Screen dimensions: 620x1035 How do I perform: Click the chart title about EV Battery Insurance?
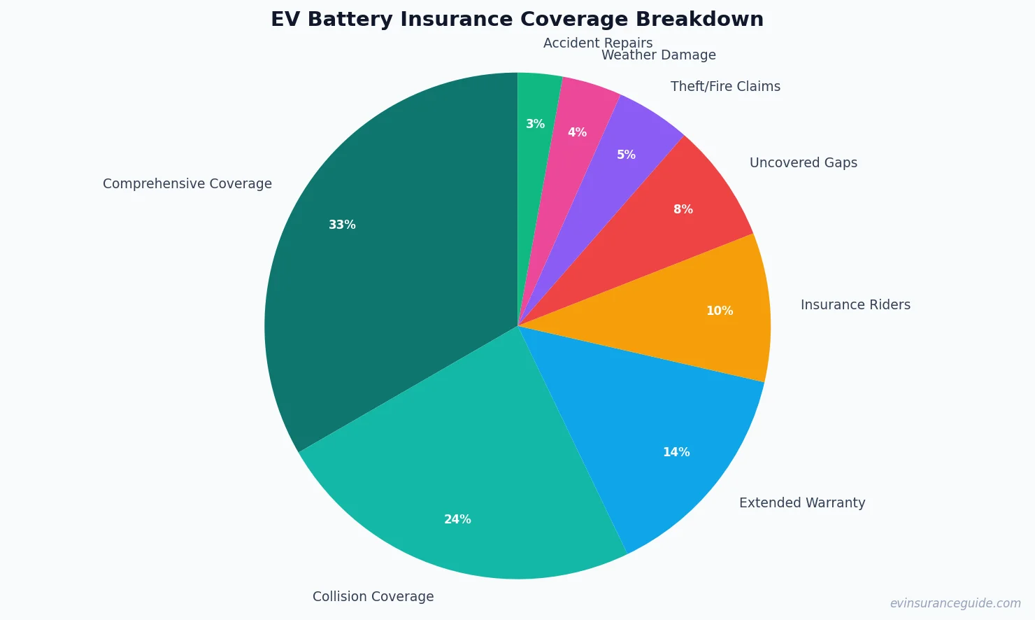pyautogui.click(x=517, y=20)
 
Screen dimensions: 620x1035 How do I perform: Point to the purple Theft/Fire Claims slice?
pyautogui.click(x=615, y=161)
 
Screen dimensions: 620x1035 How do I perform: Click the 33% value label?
pyautogui.click(x=342, y=225)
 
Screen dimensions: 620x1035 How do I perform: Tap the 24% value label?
pyautogui.click(x=457, y=519)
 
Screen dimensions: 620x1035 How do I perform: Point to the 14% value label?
pyautogui.click(x=676, y=452)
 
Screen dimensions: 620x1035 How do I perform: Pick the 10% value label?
pyautogui.click(x=720, y=311)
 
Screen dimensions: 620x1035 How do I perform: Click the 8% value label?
pyautogui.click(x=683, y=209)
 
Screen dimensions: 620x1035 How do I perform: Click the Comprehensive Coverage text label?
pyautogui.click(x=187, y=183)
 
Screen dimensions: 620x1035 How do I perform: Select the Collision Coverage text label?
pyautogui.click(x=373, y=596)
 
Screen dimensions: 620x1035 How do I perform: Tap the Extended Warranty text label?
pyautogui.click(x=802, y=502)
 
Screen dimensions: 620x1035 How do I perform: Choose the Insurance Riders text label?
pyautogui.click(x=855, y=304)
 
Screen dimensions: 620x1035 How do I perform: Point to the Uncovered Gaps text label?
pyautogui.click(x=803, y=162)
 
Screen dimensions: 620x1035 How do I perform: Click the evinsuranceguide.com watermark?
pyautogui.click(x=955, y=603)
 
